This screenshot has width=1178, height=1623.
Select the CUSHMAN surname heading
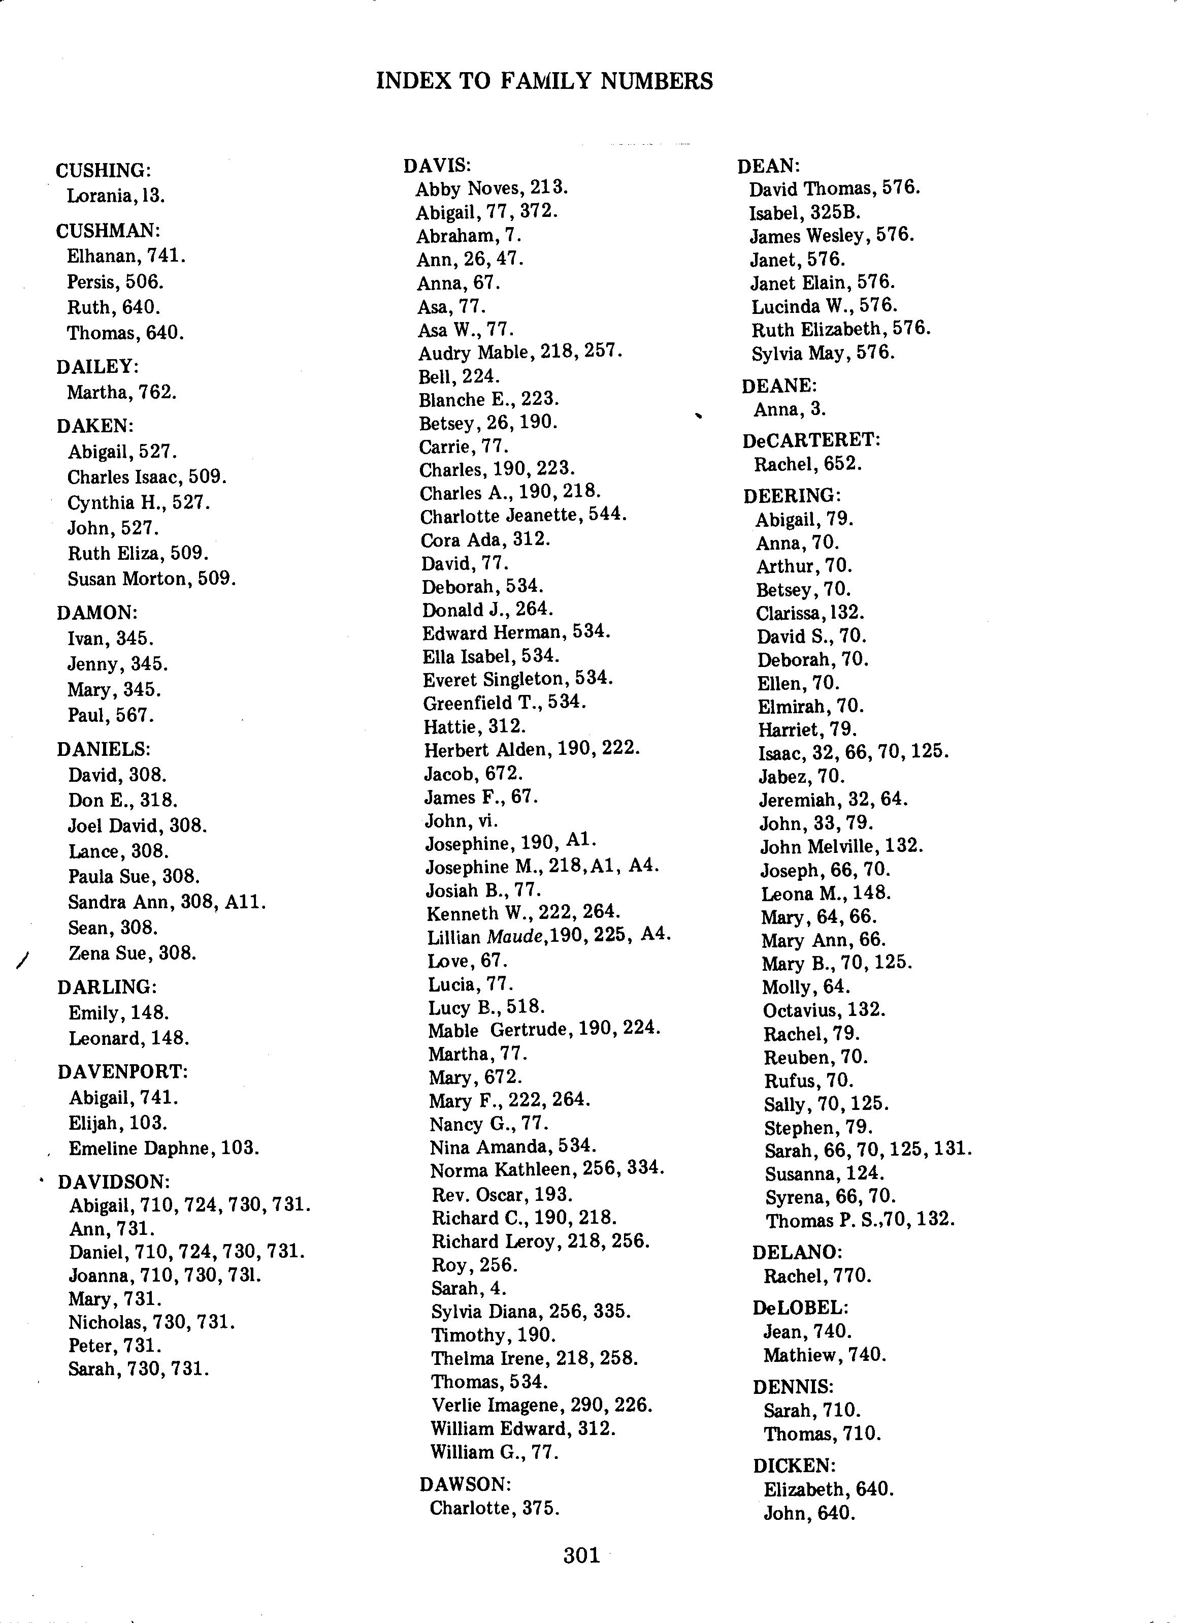108,231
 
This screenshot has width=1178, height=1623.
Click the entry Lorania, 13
116,196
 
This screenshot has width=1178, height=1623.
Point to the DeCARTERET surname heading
811,440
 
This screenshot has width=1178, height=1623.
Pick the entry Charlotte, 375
494,1509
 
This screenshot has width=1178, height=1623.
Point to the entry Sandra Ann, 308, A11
167,902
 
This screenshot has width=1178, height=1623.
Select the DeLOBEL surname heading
800,1308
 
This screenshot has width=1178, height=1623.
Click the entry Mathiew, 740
825,1355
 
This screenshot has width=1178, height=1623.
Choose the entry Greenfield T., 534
504,703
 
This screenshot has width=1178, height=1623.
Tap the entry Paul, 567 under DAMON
111,715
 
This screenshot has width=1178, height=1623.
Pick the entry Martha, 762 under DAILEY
121,392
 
